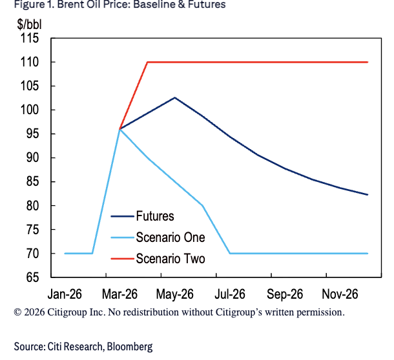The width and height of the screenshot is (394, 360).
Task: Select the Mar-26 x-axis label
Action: pyautogui.click(x=120, y=294)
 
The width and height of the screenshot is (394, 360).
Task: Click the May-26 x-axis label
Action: pyautogui.click(x=175, y=294)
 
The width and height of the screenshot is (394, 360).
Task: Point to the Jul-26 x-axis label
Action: pyautogui.click(x=230, y=294)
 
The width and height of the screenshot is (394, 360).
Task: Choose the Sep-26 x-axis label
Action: pyautogui.click(x=285, y=294)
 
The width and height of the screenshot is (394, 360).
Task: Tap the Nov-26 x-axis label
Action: pyautogui.click(x=340, y=294)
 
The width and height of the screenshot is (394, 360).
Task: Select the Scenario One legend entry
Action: pyautogui.click(x=170, y=237)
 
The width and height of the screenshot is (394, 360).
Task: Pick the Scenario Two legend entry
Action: pyautogui.click(x=170, y=259)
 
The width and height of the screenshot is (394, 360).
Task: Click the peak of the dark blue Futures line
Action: pyautogui.click(x=175, y=97)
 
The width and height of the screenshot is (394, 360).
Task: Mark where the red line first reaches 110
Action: pyautogui.click(x=147, y=62)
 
